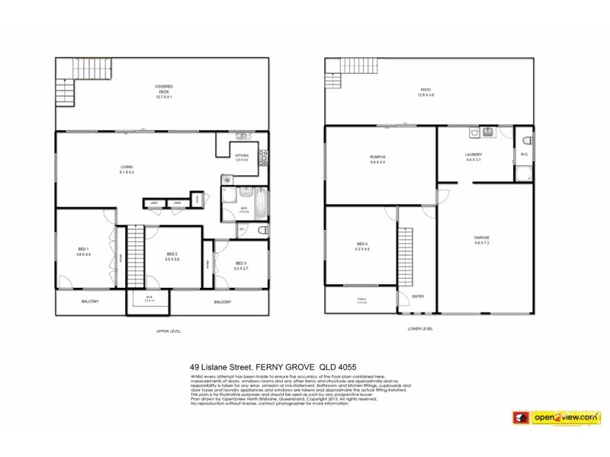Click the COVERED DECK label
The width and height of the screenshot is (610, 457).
[x=164, y=90]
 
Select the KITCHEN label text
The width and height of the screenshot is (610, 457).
[x=242, y=156]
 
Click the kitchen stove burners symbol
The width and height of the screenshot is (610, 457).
[x=263, y=158]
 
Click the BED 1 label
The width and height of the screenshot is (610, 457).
[x=83, y=251]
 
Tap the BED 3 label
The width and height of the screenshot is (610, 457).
[x=240, y=264]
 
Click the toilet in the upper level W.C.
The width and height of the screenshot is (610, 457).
[x=262, y=229]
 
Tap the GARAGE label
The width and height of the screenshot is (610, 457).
[x=482, y=239]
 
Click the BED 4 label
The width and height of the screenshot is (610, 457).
[x=361, y=245]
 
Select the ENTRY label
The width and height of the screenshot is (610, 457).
[x=418, y=296]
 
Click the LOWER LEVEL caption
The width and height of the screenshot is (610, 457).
[x=420, y=329]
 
